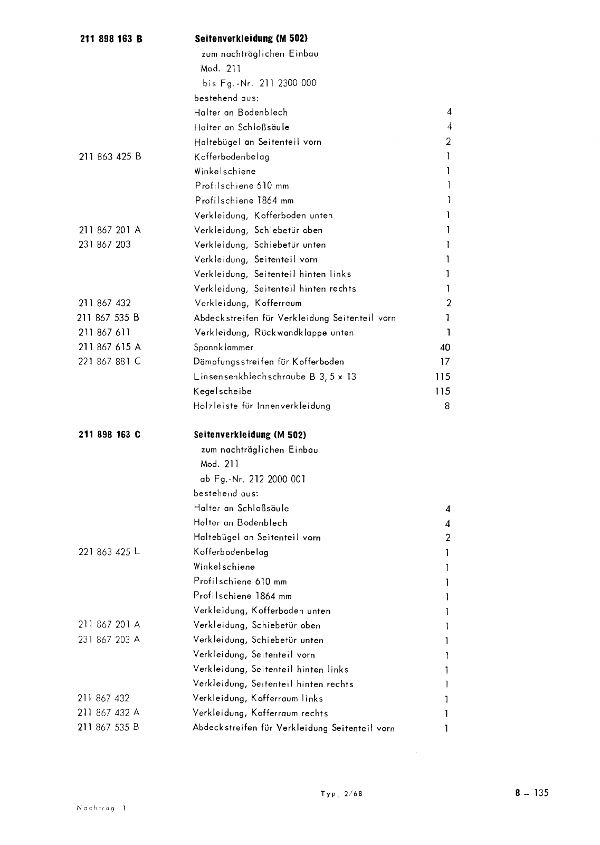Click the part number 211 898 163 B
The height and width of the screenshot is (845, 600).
pyautogui.click(x=110, y=39)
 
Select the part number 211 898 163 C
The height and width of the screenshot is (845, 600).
pyautogui.click(x=109, y=435)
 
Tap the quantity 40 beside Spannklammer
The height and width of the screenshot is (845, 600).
pyautogui.click(x=445, y=348)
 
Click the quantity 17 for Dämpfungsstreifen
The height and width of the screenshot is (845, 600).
pyautogui.click(x=446, y=362)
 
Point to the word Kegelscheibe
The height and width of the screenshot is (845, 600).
pyautogui.click(x=223, y=391)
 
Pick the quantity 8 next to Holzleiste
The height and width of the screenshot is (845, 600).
pyautogui.click(x=447, y=406)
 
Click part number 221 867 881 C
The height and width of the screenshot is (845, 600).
pyautogui.click(x=109, y=362)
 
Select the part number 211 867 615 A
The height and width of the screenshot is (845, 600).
pyautogui.click(x=109, y=347)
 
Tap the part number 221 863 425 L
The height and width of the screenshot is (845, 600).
pyautogui.click(x=109, y=552)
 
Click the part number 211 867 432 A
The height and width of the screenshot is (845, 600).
pyautogui.click(x=109, y=712)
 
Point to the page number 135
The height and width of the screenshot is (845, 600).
pyautogui.click(x=541, y=793)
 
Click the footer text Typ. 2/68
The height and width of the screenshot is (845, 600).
pyautogui.click(x=341, y=794)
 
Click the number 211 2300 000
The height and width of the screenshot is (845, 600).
pyautogui.click(x=288, y=83)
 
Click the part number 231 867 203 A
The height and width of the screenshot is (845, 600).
pyautogui.click(x=109, y=640)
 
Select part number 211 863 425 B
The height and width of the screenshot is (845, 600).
pyautogui.click(x=110, y=156)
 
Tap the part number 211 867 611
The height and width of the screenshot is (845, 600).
pyautogui.click(x=104, y=332)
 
